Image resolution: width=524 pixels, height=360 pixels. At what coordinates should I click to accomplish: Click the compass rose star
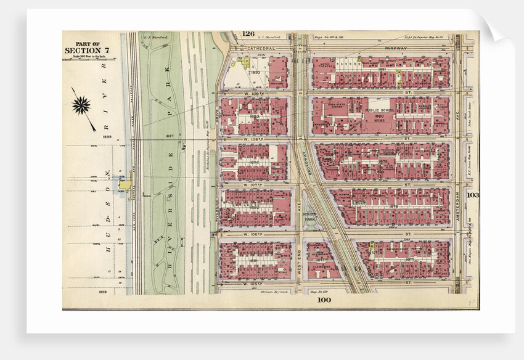(81, 105)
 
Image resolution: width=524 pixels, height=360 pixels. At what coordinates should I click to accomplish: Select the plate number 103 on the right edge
(473, 195)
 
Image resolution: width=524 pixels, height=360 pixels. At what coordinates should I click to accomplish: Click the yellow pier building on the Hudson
(126, 183)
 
